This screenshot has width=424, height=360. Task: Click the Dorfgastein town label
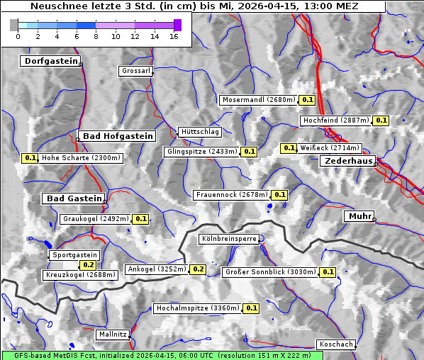point(50,61)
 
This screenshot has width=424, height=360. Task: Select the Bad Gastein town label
point(74,198)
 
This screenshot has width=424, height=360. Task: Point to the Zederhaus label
point(348,162)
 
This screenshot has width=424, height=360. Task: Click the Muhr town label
point(359,216)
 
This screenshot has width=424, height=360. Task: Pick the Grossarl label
point(135,71)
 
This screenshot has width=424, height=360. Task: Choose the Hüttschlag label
point(199,132)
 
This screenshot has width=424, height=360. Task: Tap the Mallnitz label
point(113,334)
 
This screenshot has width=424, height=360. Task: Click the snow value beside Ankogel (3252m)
point(198,269)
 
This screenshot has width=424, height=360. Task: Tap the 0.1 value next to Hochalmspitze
point(252,308)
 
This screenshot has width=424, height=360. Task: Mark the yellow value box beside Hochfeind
point(381,120)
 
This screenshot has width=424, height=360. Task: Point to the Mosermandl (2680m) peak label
point(258,100)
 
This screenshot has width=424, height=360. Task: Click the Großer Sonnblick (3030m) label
point(269,271)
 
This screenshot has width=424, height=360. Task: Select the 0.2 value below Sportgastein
point(89,265)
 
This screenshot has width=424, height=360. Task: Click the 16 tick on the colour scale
point(174,35)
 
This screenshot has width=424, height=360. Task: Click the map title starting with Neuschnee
point(195,6)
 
